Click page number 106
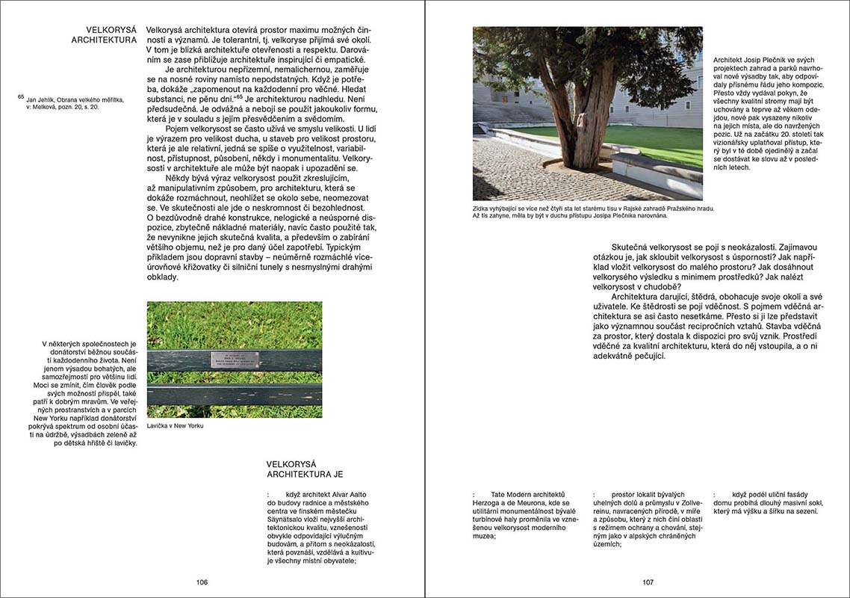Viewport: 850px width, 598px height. coord(202,582)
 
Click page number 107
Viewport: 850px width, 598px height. coord(648,582)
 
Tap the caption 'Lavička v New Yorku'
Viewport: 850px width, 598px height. coord(175,426)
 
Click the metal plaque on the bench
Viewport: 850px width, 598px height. coord(235,360)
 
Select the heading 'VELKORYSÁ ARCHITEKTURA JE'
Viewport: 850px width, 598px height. coord(305,469)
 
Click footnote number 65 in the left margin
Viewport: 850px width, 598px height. coord(21,96)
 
